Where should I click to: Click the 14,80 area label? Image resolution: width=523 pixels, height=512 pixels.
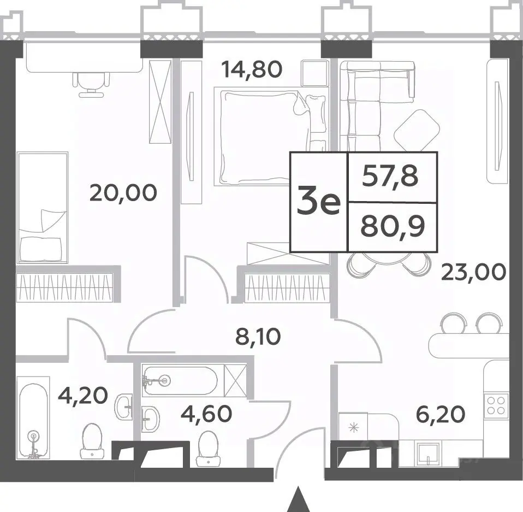click(252, 69)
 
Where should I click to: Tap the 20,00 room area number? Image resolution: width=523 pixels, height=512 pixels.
click(123, 193)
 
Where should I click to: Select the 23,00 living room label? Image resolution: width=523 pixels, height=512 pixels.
click(473, 272)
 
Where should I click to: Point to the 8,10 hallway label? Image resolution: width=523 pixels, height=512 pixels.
click(258, 337)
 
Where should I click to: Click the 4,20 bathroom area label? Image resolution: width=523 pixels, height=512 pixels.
click(83, 395)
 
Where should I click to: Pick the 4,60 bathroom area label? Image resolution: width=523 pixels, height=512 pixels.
click(206, 413)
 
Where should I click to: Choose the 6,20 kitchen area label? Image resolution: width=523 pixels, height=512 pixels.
click(440, 414)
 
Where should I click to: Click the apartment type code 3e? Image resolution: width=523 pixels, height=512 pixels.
click(318, 201)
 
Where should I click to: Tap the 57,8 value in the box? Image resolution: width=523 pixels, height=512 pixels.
click(390, 176)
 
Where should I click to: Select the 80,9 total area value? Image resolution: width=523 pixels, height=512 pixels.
click(393, 227)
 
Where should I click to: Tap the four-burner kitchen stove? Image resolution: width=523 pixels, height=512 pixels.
click(496, 405)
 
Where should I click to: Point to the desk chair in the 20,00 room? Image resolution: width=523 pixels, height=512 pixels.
click(91, 85)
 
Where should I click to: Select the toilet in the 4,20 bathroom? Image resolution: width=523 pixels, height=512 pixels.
click(92, 440)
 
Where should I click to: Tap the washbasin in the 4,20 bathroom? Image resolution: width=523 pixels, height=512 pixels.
click(123, 407)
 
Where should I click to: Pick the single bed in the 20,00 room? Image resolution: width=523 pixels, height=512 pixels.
click(42, 207)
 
